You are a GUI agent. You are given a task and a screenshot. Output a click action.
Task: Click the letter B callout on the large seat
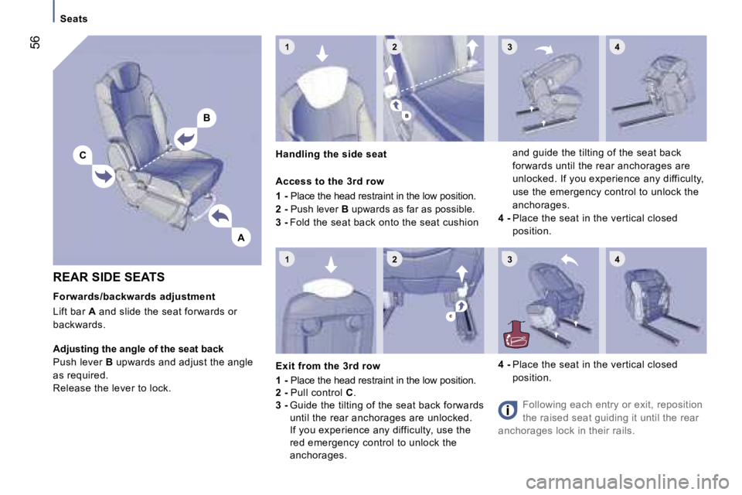pyautogui.click(x=207, y=118)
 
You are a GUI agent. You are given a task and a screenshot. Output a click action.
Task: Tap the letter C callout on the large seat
pyautogui.click(x=83, y=155)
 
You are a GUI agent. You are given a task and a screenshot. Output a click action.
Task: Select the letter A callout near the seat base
pyautogui.click(x=241, y=237)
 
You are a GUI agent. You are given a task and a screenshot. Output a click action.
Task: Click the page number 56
pyautogui.click(x=35, y=43)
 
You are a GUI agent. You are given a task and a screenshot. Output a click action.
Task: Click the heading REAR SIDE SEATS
pyautogui.click(x=109, y=277)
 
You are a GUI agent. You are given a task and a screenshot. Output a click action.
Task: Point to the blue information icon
pyautogui.click(x=508, y=410)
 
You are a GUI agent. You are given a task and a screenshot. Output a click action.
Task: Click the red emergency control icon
pyautogui.click(x=516, y=335)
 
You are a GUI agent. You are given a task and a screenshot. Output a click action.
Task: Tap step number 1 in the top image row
pyautogui.click(x=288, y=46)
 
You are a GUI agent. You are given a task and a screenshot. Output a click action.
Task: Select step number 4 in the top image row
pyautogui.click(x=617, y=46)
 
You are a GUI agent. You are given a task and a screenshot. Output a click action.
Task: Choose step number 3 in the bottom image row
pyautogui.click(x=509, y=259)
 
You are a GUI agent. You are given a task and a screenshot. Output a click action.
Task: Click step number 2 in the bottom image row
pyautogui.click(x=395, y=258)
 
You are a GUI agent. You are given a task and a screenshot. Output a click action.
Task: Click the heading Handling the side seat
pyautogui.click(x=332, y=154)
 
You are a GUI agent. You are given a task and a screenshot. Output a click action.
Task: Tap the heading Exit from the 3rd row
pyautogui.click(x=328, y=366)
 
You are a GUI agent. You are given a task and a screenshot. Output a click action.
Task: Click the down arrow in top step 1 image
pyautogui.click(x=322, y=53)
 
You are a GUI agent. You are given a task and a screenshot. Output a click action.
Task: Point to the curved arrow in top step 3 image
pyautogui.click(x=544, y=49)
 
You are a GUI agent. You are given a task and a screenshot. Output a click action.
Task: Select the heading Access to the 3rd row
pyautogui.click(x=330, y=182)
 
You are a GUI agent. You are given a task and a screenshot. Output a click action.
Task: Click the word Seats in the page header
pyautogui.click(x=74, y=19)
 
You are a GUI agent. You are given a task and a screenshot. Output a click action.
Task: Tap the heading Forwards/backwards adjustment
pyautogui.click(x=134, y=296)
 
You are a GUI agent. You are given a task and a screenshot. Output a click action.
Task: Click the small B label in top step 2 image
pyautogui.click(x=407, y=115)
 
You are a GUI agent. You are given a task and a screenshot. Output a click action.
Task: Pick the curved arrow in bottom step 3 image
pyautogui.click(x=570, y=260)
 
